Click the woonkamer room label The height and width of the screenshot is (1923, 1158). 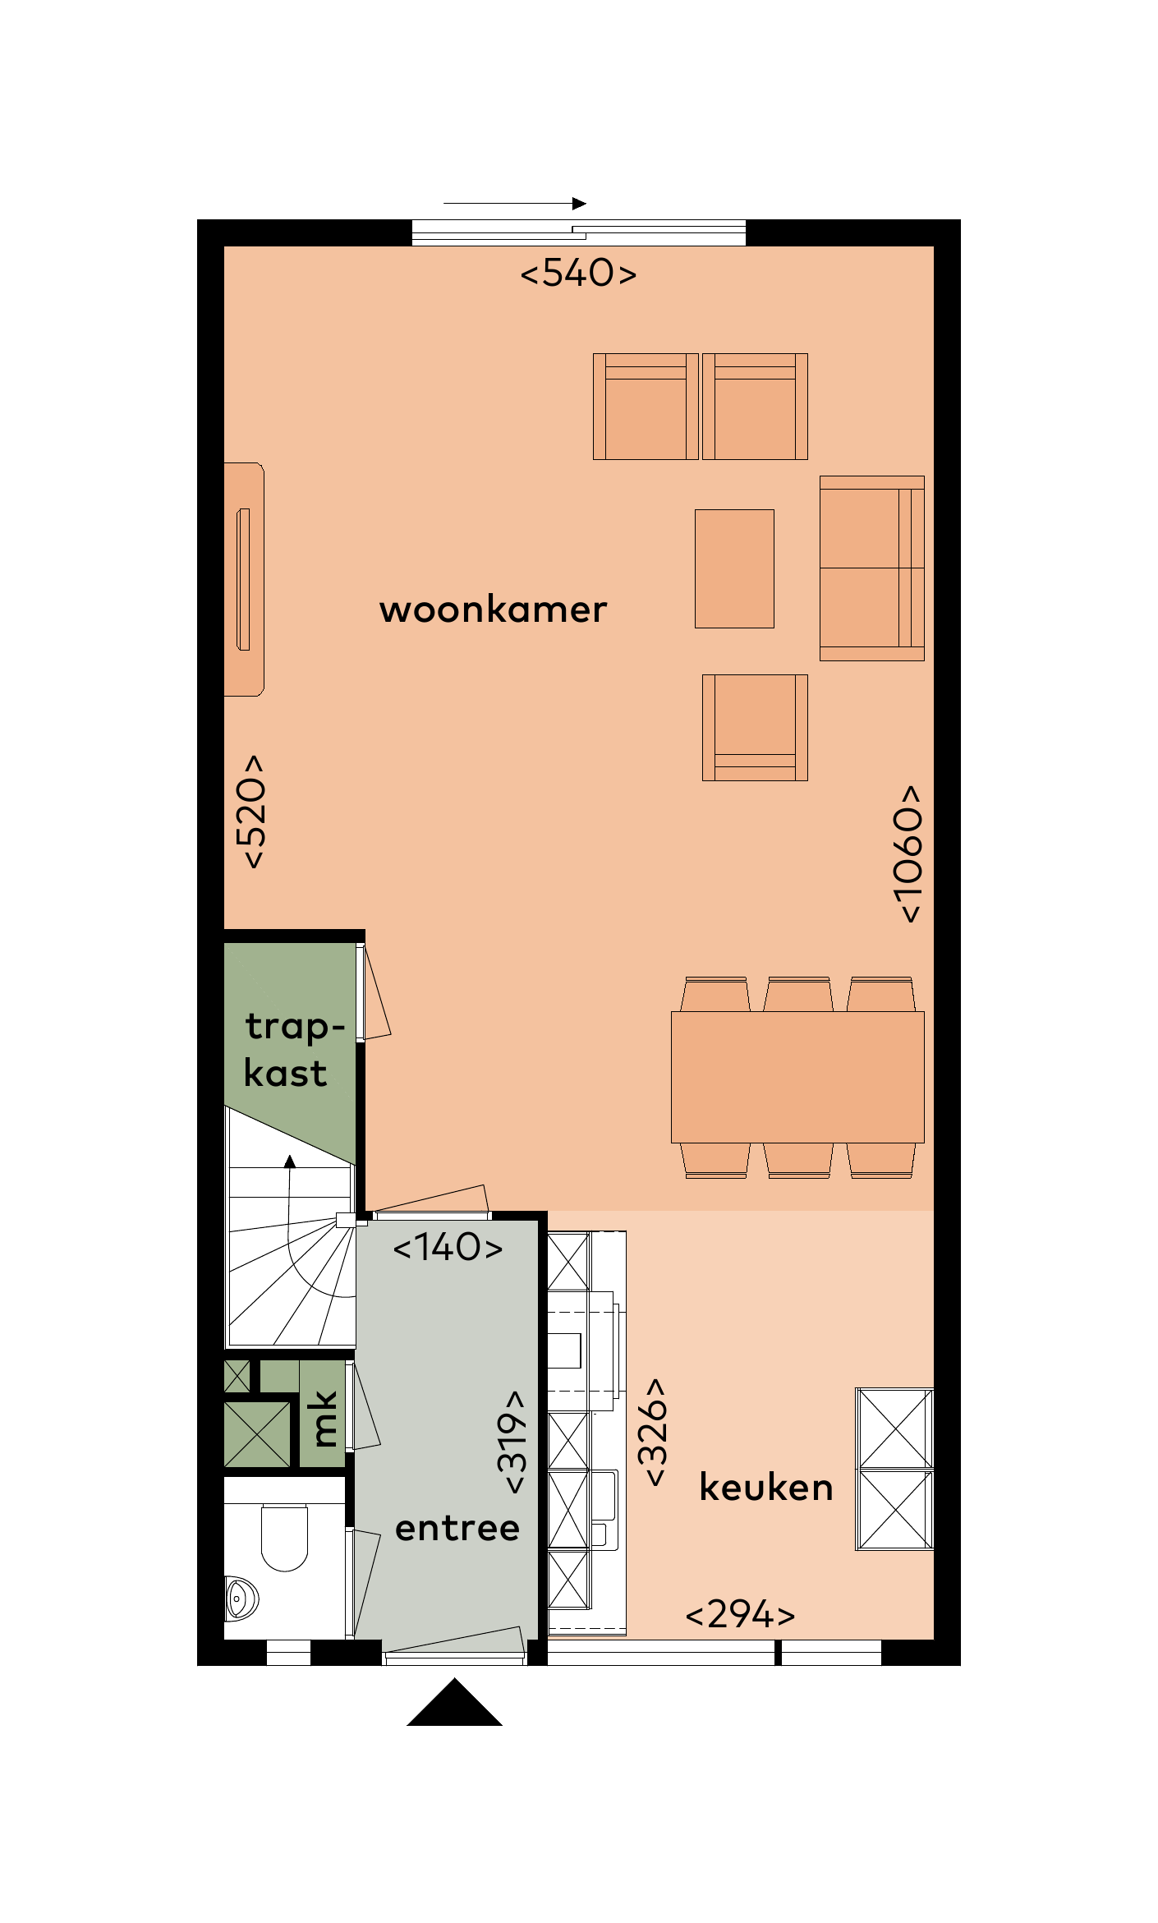[x=493, y=610]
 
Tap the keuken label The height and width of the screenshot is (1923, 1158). [x=765, y=1488]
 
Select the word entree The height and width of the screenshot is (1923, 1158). [x=457, y=1529]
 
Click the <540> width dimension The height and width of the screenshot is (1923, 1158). [x=578, y=274]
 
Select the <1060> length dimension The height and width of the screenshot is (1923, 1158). [x=908, y=854]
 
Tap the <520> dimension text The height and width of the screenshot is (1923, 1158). [x=251, y=812]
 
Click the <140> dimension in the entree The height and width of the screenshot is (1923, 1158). [x=448, y=1248]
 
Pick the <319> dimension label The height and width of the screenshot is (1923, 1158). [x=512, y=1442]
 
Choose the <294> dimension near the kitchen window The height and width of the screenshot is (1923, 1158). [x=740, y=1615]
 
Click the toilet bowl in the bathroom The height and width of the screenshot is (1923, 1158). [x=284, y=1537]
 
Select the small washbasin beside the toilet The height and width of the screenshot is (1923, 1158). [x=240, y=1598]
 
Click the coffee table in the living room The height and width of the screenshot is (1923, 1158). [x=734, y=568]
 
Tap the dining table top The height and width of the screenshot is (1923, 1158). [x=797, y=1077]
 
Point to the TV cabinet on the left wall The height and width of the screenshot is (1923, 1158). [x=244, y=579]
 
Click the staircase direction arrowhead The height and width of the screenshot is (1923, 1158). [x=289, y=1161]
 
